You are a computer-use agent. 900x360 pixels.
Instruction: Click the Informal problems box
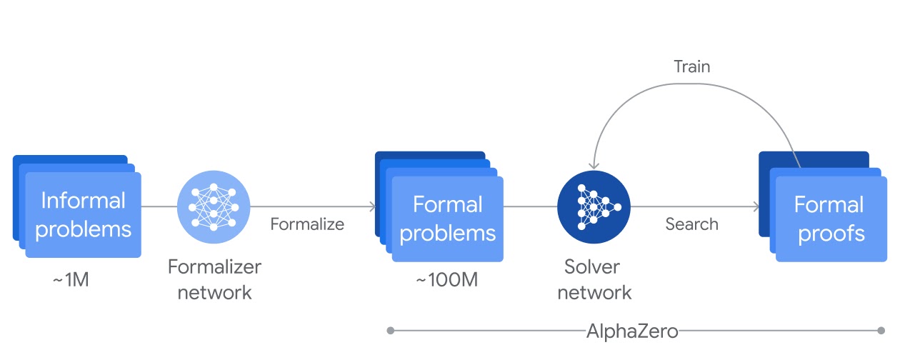coord(83,214)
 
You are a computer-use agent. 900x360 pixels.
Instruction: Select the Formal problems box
coord(447,218)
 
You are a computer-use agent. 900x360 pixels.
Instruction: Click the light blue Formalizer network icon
coord(213,206)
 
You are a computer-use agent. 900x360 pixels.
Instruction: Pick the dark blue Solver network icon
coord(594,206)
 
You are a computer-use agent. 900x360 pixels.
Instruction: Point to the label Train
coord(691,66)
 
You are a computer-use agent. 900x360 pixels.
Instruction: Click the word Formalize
coord(307,224)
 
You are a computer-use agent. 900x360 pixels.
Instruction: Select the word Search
coord(691,224)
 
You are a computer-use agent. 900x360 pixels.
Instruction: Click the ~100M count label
coord(446,280)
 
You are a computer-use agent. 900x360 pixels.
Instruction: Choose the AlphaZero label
coord(632,331)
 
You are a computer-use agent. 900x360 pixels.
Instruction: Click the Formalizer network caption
coord(214,279)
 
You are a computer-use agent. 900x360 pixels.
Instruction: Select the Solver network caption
coord(594,279)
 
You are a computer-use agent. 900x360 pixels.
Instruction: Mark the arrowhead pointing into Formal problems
coord(372,207)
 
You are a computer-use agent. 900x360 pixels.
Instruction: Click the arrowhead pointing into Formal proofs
coord(755,207)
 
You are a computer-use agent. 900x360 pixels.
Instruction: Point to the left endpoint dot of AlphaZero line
coord(390,331)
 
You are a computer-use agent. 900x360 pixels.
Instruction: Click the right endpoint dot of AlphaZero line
coord(881,331)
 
